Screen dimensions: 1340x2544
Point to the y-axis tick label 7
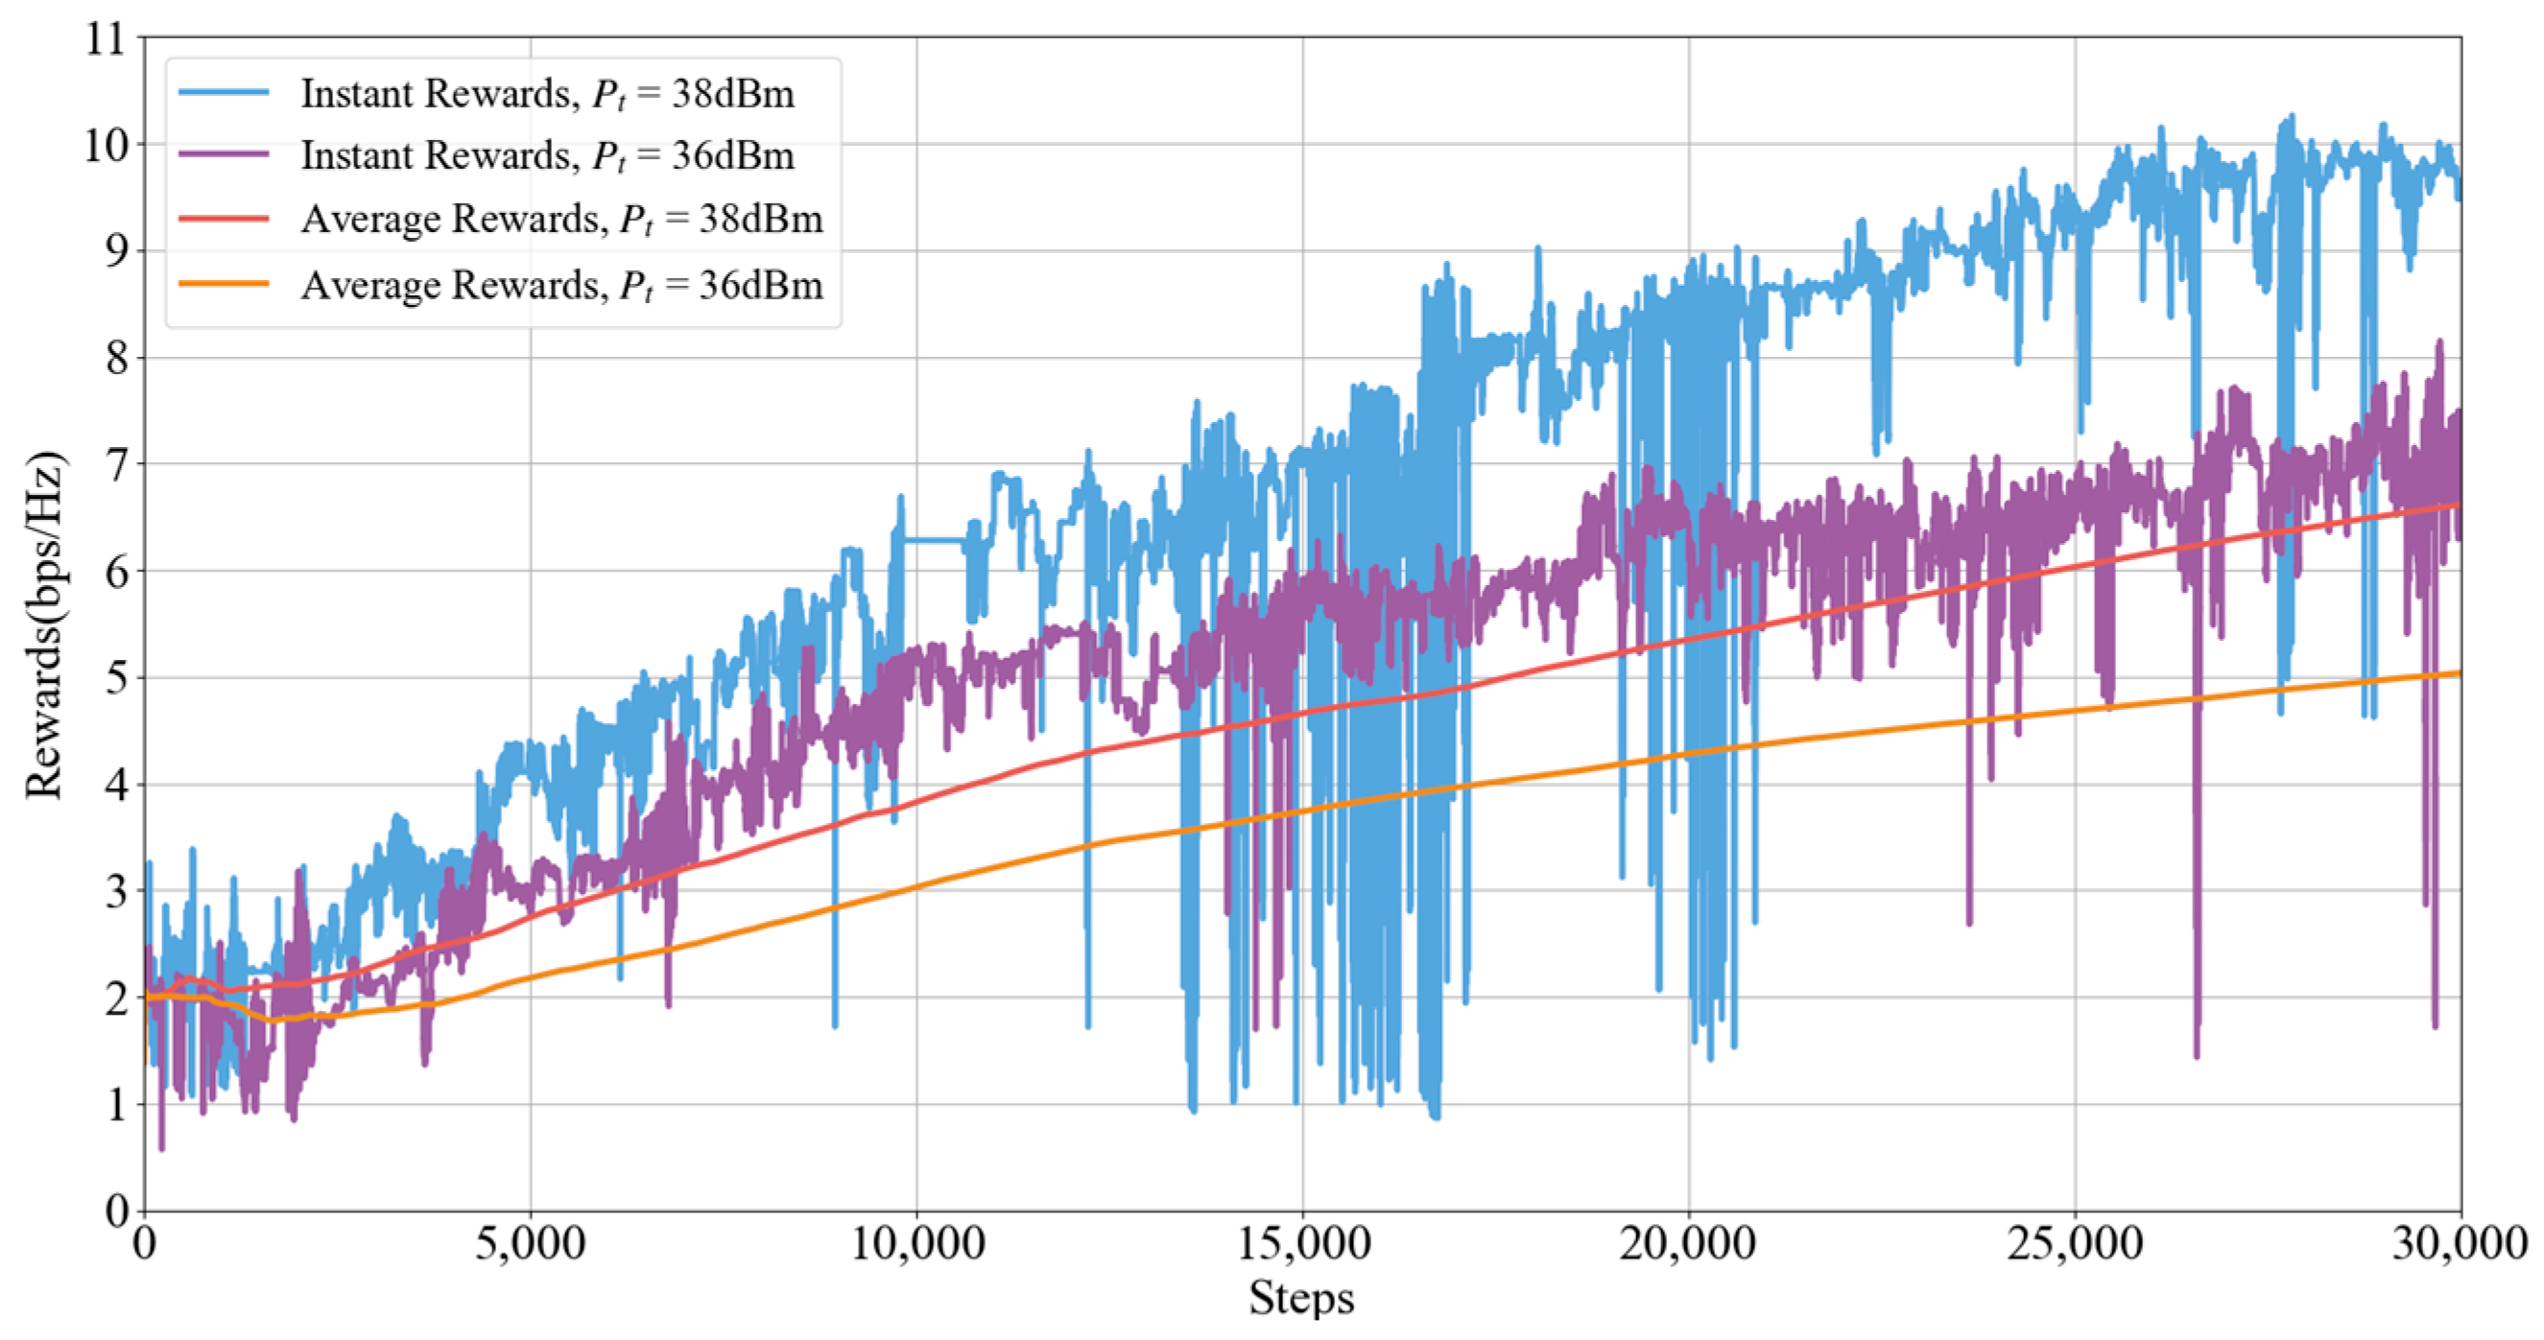(116, 464)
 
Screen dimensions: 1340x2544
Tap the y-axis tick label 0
(116, 1211)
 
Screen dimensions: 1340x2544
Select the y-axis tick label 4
(116, 785)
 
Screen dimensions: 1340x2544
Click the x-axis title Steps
(1301, 1298)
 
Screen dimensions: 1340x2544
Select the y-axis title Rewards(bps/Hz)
(43, 624)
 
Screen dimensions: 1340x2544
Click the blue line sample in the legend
(225, 93)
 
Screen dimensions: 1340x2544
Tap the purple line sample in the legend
(225, 155)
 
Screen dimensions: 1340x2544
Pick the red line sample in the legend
(225, 219)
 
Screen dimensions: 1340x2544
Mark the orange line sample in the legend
(225, 284)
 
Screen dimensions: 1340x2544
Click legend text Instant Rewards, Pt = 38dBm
(547, 95)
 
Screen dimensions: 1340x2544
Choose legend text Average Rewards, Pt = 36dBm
(561, 287)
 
